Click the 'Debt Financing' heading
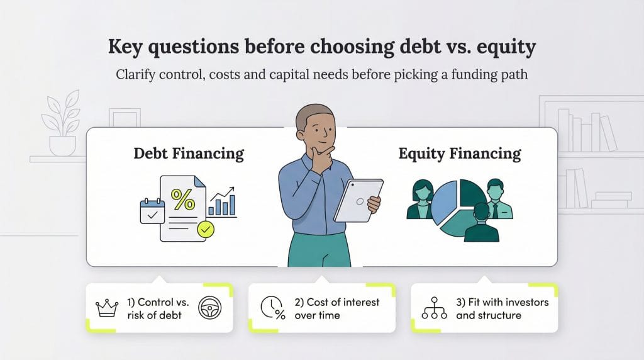(x=189, y=153)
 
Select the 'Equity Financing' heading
(x=460, y=153)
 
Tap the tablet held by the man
(x=357, y=200)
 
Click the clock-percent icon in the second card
(x=272, y=308)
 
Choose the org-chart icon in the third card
(x=434, y=308)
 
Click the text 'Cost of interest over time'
(x=336, y=308)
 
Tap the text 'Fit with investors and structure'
(x=502, y=308)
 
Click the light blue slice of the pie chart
(x=447, y=201)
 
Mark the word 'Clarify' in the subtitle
(x=136, y=74)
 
